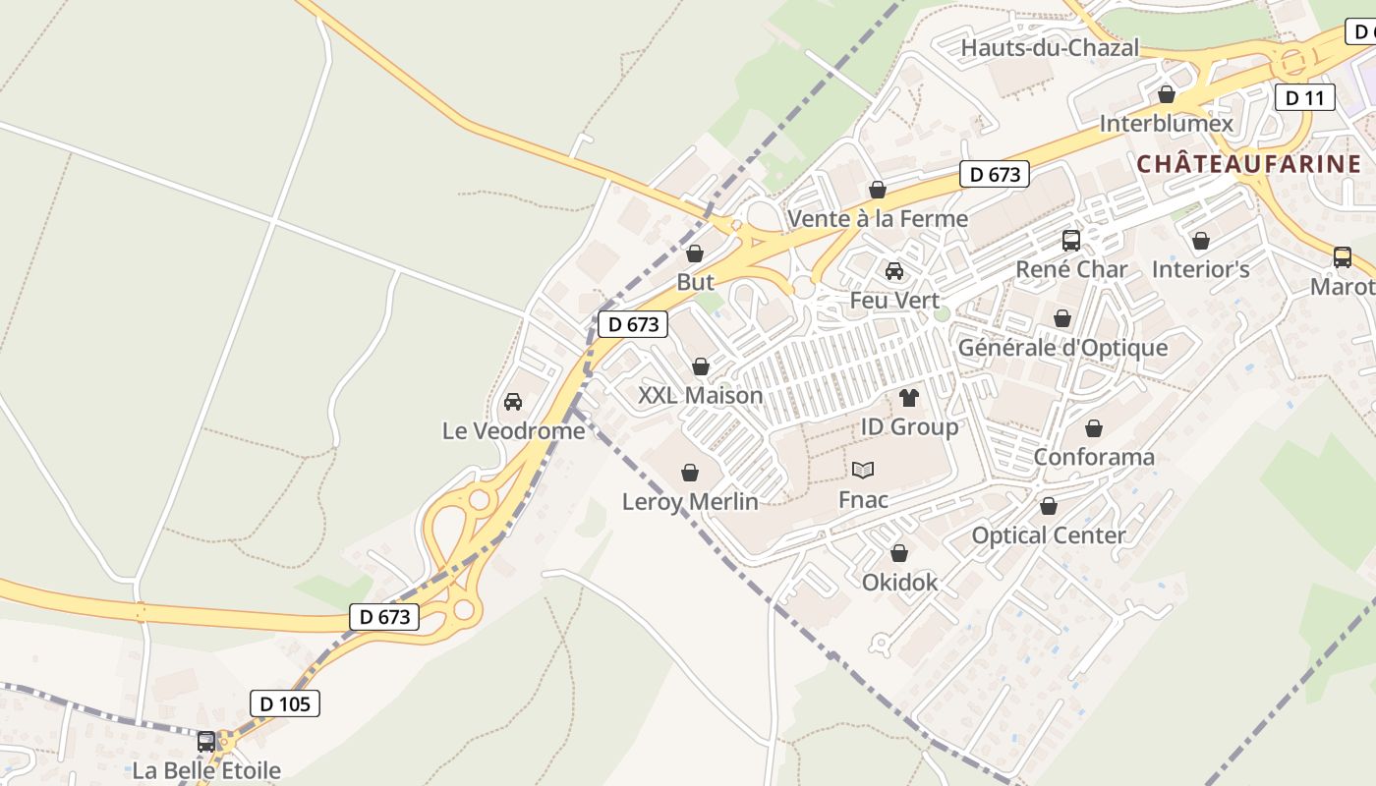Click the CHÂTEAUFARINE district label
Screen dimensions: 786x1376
1249,164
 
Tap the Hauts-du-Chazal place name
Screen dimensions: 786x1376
1050,47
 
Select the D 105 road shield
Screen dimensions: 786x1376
285,703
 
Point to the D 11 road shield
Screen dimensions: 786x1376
1304,97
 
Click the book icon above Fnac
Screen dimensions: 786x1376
863,471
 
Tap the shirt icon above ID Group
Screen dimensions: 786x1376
909,398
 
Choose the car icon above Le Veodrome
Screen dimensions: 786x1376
512,402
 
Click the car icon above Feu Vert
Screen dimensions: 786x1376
894,271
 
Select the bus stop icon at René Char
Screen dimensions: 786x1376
1071,240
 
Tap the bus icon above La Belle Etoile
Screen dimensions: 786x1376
206,742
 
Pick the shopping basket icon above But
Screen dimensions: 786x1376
695,253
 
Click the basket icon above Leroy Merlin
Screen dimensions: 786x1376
690,473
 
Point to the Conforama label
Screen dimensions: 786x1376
1094,457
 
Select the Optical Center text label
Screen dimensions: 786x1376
1049,535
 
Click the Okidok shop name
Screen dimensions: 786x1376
899,583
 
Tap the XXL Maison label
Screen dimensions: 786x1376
700,395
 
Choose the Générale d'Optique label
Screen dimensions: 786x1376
1062,348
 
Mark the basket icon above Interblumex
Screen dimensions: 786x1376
1167,94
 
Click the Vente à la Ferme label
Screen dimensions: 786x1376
878,218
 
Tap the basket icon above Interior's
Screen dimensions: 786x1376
1200,241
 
